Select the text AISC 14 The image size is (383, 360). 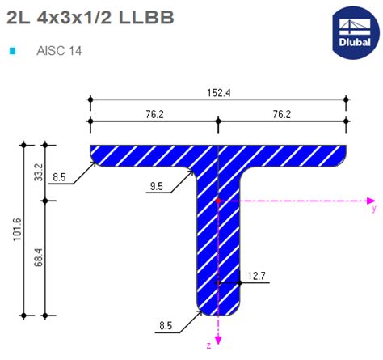coord(59,50)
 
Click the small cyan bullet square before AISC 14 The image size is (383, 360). coord(12,50)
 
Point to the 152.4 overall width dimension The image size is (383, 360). coord(217,93)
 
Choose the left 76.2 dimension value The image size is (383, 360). coord(154,114)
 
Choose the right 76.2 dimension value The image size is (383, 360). coord(280,114)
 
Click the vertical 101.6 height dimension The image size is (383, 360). coord(15,230)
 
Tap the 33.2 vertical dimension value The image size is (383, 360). coord(36,172)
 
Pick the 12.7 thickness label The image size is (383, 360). coord(257,276)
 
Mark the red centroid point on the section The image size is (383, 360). coord(218,199)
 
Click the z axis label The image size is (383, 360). coord(208,345)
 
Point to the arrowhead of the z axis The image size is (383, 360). coord(218,340)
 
